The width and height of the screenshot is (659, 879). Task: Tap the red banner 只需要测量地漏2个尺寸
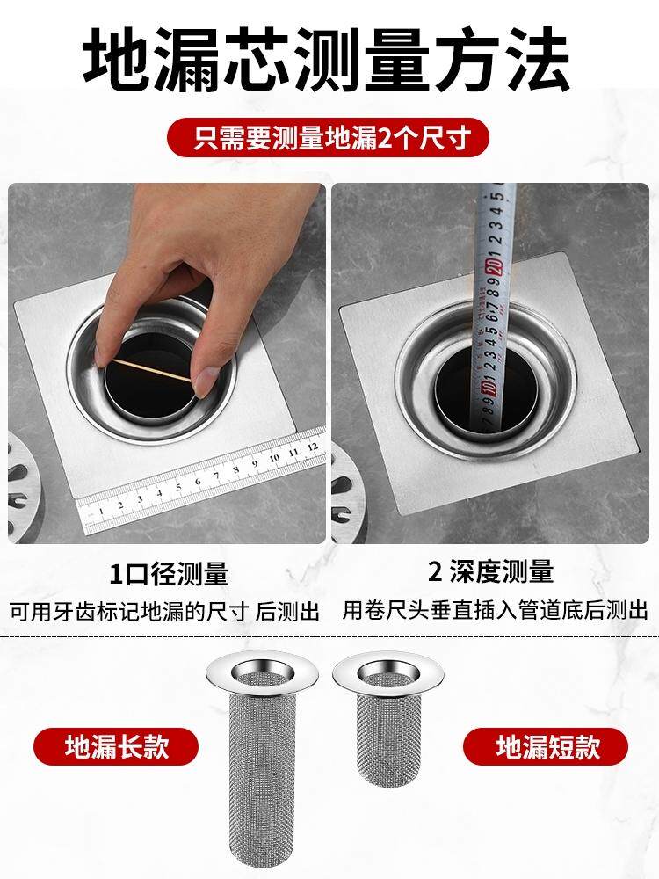328,138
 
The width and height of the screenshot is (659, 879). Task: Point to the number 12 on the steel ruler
313,447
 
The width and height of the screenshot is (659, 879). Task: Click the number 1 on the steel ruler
101,511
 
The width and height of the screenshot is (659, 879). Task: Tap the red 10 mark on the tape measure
489,389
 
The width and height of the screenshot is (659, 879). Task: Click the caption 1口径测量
169,575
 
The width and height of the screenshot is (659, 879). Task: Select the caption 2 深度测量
491,572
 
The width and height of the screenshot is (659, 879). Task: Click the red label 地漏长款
116,746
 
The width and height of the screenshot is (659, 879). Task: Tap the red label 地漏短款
546,746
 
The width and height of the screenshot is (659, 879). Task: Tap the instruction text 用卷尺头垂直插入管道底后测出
495,611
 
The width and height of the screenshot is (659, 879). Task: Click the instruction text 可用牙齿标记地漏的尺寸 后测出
165,611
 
